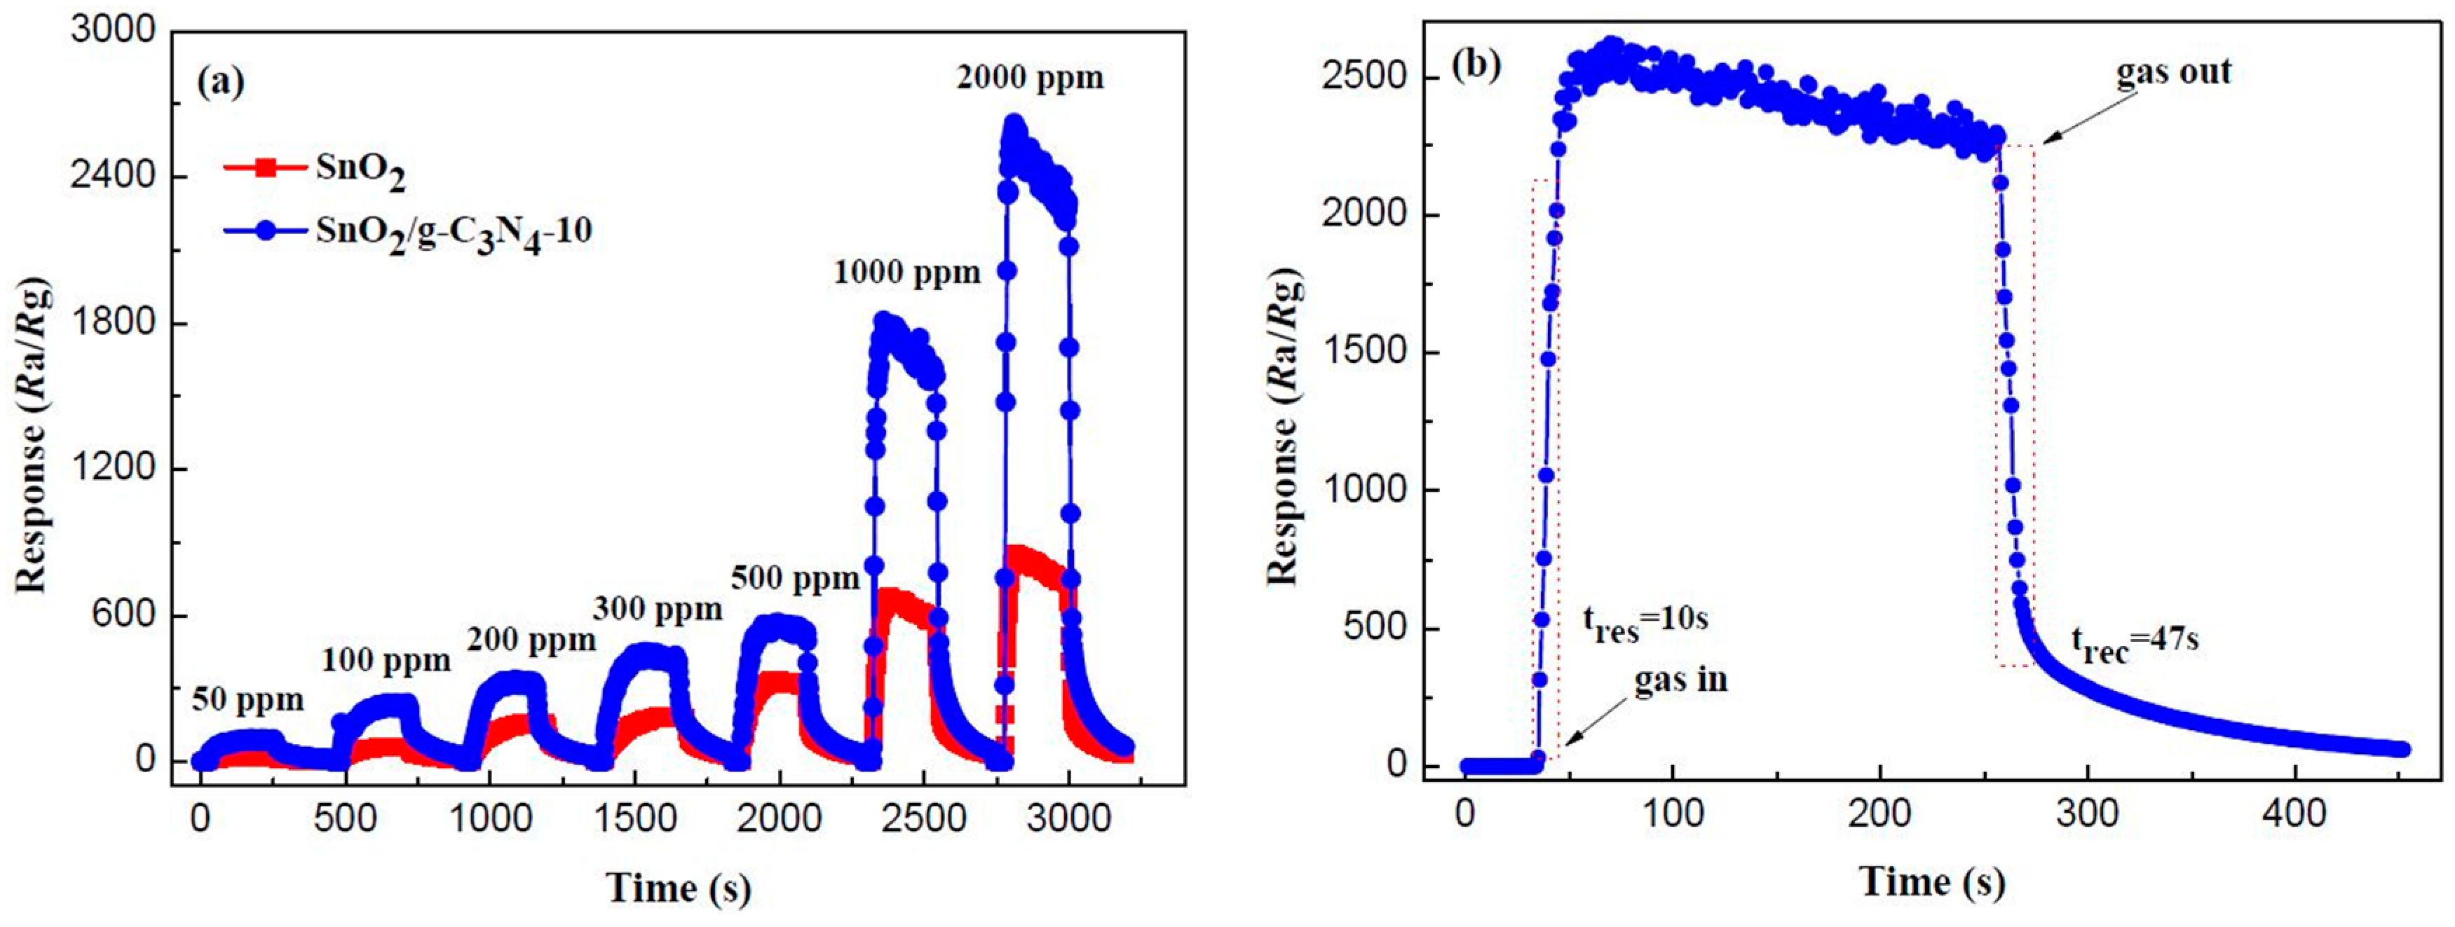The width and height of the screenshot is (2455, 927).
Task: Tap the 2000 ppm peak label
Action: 1031,77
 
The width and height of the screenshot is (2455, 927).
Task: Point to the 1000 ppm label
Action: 906,273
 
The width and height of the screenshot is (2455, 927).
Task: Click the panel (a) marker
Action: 220,83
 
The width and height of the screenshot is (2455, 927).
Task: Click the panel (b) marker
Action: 1475,64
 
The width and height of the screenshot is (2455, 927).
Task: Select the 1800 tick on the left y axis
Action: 112,322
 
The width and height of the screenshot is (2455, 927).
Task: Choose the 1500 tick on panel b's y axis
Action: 1365,352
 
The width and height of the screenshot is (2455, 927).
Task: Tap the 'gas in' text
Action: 1680,680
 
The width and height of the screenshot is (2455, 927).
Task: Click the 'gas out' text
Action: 2174,72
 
